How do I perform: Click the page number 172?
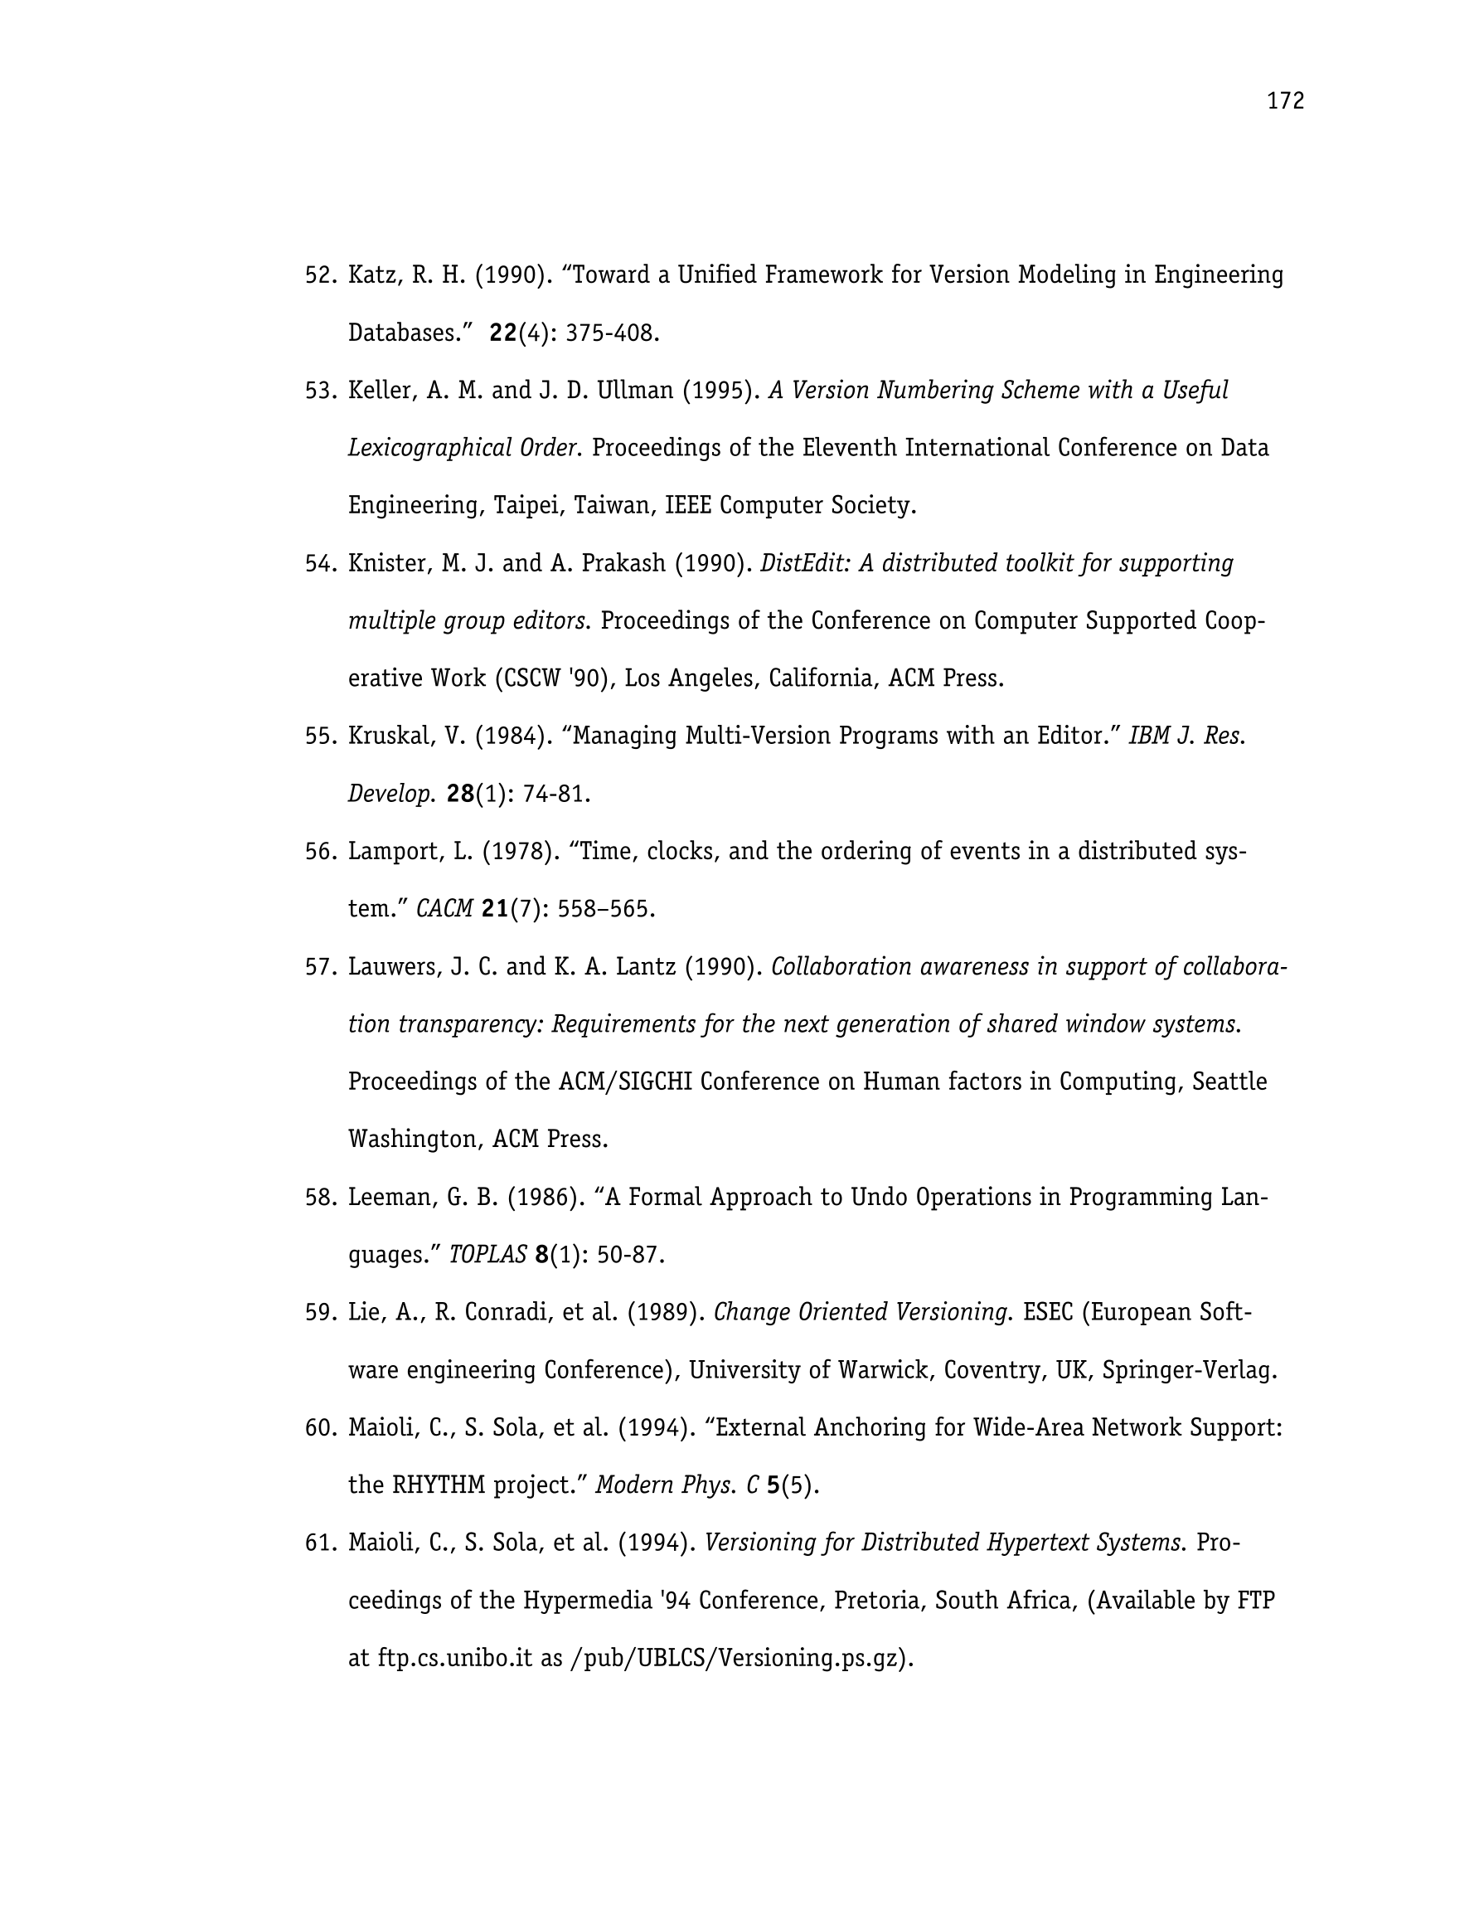[1285, 102]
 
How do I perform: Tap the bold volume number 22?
[503, 333]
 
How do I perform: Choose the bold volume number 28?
[460, 794]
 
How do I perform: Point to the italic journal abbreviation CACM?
[444, 908]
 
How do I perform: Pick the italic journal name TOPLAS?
[487, 1255]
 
